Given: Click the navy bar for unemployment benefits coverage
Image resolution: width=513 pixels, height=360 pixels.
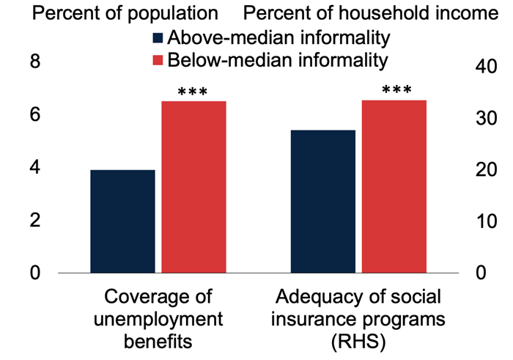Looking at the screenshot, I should coord(123,221).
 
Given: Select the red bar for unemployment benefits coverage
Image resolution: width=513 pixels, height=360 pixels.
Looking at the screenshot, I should coord(193,187).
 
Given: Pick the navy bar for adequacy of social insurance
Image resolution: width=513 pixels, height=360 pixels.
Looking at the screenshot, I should coord(324,201).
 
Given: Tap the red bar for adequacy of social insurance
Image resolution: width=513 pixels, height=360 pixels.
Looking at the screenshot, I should coord(394,186).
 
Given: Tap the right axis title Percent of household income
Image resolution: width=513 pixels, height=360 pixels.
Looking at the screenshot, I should coord(374,13).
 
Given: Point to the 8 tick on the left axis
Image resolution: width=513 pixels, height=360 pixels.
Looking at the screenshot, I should coord(33,64).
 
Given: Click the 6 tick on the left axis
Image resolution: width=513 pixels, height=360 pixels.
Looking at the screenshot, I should coord(33,116).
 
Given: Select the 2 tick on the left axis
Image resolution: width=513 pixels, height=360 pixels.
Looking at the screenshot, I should coord(33,221).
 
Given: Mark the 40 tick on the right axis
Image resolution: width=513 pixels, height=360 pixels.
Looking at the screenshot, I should coord(481,67).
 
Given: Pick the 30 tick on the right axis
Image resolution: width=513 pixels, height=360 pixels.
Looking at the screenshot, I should coord(481,118).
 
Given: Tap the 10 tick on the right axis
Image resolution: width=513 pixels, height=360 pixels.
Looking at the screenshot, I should coord(481,221).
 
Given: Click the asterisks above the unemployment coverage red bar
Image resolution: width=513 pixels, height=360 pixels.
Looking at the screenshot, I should coord(193,93).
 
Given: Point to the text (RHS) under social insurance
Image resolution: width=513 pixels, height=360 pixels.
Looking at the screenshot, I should coord(358,342).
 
